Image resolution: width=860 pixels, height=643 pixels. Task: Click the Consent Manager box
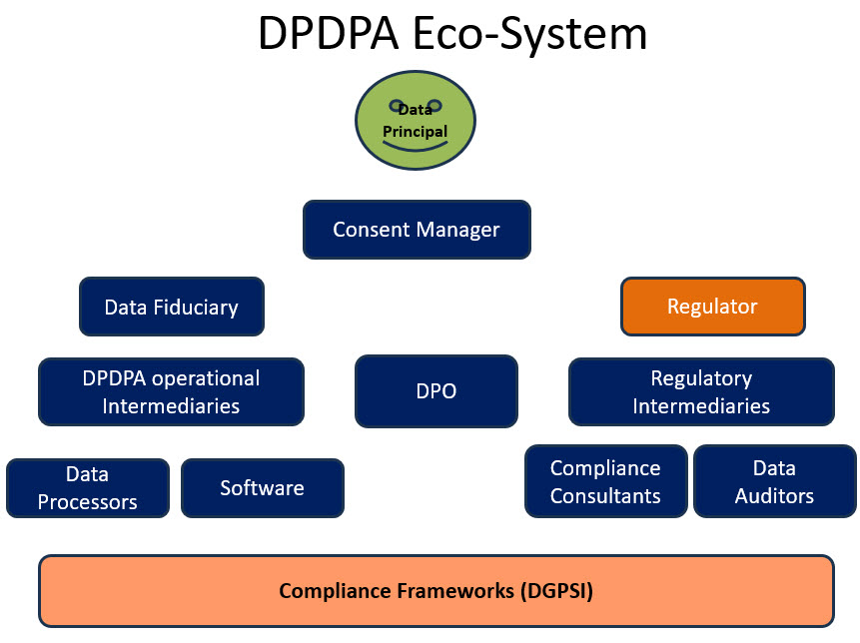pos(417,230)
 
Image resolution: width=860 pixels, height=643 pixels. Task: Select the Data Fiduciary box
pos(172,307)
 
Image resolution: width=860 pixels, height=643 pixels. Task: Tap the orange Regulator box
pos(713,307)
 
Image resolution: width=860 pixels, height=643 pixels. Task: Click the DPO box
pos(436,391)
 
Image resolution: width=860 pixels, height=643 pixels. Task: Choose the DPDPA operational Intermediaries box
pos(171,392)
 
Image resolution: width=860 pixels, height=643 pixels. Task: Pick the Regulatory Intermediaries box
pos(701,392)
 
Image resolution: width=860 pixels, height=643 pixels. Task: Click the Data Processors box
pos(88,488)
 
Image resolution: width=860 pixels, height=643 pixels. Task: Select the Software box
pos(263,488)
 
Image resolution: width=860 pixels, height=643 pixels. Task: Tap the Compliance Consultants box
pos(606,481)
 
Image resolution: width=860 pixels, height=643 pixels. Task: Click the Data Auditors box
pos(775,481)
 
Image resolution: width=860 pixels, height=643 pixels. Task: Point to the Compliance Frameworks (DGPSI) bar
pos(436,591)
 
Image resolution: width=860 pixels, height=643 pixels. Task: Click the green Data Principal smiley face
pos(416,120)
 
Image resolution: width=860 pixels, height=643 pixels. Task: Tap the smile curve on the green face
pos(416,147)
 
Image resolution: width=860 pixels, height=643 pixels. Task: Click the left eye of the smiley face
pos(397,104)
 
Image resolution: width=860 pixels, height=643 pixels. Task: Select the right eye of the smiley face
pos(434,104)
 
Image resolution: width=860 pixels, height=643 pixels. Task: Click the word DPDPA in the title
pos(328,33)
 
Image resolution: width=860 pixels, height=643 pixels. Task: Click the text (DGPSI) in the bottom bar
pos(556,591)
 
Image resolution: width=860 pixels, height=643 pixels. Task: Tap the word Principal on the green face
pos(416,132)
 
